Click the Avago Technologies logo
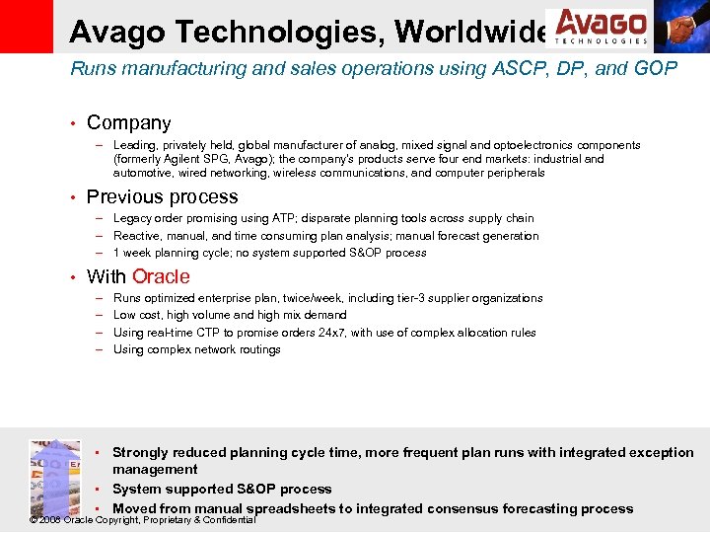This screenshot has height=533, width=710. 599,27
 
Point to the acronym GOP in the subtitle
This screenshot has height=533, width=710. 657,68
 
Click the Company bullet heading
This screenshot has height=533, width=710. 128,123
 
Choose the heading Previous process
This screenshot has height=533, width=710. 162,197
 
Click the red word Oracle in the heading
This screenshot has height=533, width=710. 161,276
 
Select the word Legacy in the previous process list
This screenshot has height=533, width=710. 133,218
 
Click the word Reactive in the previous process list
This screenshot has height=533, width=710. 138,236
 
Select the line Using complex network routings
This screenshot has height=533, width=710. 196,349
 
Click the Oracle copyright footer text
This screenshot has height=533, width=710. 143,520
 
